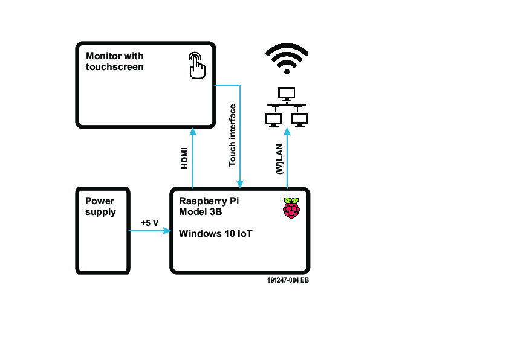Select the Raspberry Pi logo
coord(291,208)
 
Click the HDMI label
coord(186,158)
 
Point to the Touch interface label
coord(232,135)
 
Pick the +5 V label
coord(149,223)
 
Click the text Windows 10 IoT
coord(215,234)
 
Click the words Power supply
coord(100,207)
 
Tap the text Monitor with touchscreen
coord(115,61)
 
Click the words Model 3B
coord(201,211)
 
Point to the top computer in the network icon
coord(287,94)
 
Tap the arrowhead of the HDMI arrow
coord(192,131)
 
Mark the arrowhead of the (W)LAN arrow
coord(287,131)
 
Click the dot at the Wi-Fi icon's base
coord(287,71)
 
